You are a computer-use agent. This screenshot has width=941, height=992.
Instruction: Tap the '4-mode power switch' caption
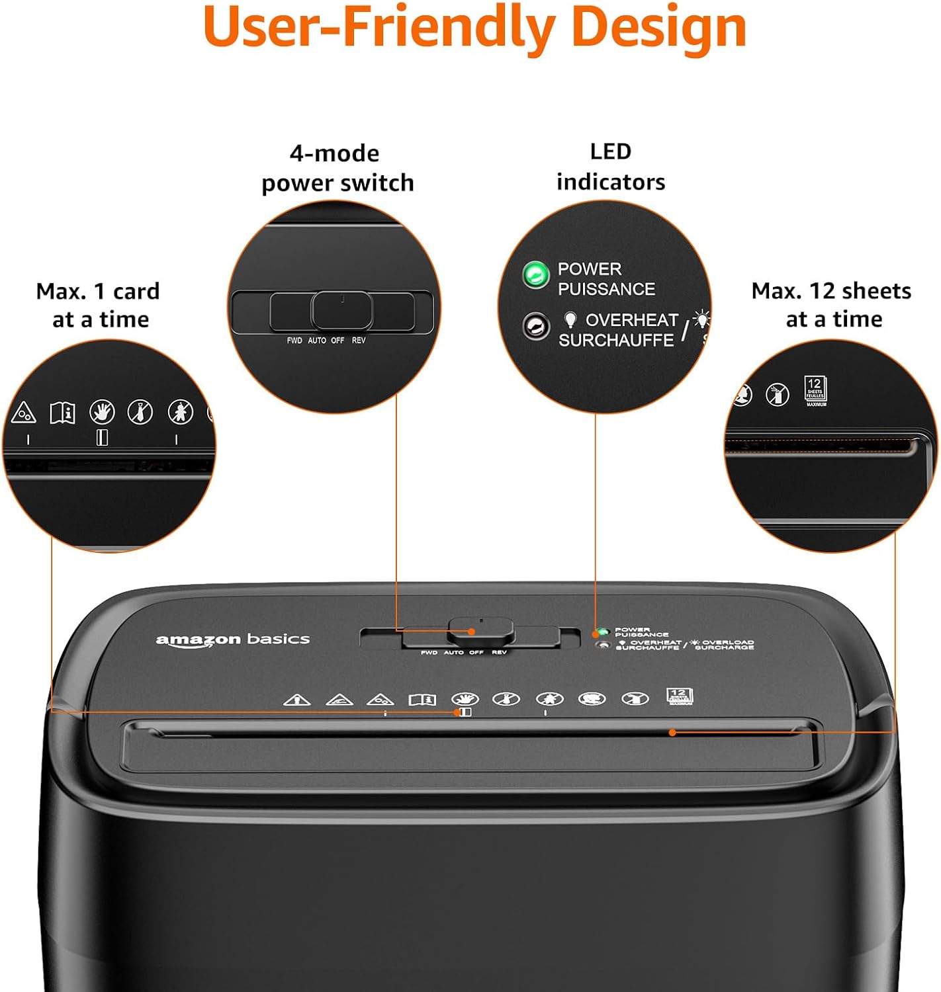coord(337,168)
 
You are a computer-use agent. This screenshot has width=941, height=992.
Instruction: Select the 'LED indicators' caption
coord(610,167)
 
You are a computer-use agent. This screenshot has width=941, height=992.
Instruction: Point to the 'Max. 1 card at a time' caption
coord(99,305)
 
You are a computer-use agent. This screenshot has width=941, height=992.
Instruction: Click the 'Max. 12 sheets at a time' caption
coord(832,305)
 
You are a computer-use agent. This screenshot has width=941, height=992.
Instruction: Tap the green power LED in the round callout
coord(535,274)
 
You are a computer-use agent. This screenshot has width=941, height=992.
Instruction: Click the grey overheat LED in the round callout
coord(535,326)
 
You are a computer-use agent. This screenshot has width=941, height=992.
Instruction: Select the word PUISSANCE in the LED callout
coord(606,289)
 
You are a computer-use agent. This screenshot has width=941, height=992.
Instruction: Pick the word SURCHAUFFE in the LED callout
coord(615,340)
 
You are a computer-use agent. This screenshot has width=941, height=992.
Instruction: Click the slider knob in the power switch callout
coord(341,310)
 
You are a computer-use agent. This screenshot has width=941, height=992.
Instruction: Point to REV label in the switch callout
coord(359,341)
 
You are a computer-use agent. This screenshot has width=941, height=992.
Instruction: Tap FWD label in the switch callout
coord(294,341)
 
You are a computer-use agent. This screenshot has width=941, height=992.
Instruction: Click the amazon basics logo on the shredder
coord(232,640)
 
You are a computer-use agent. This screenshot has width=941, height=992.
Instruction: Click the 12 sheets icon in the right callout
coord(815,390)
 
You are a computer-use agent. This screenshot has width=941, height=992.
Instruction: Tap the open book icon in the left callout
coord(63,413)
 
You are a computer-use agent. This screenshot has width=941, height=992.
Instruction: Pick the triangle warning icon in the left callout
coord(23,413)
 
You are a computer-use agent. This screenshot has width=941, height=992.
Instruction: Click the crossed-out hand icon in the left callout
coord(102,412)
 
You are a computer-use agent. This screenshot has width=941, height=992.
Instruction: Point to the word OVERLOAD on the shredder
coord(727,642)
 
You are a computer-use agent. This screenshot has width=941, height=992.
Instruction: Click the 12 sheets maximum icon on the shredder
coord(679,696)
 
